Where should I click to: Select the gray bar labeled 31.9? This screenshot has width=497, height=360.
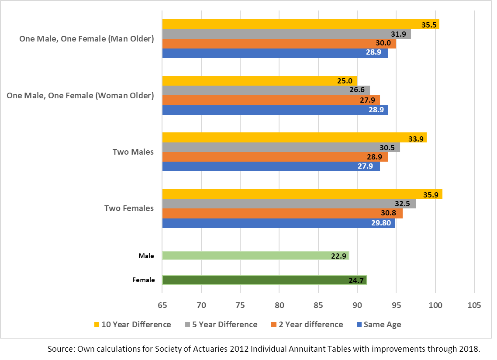286,34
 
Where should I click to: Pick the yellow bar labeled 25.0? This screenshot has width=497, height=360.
259,81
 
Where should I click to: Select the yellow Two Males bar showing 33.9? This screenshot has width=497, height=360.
294,138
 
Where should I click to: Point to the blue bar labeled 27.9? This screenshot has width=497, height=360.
271,166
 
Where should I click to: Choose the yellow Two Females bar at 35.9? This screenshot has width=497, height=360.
302,194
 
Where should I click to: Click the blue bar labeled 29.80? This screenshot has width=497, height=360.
279,223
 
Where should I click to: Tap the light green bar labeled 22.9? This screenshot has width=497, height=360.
255,256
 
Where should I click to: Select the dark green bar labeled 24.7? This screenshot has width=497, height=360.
264,280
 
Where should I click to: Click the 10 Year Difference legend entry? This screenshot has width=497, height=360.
133,325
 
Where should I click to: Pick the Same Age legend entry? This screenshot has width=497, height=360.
379,325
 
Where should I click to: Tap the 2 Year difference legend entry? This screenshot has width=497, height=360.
307,325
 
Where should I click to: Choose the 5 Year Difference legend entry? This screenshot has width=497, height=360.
221,325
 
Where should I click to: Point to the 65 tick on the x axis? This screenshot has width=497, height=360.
162,305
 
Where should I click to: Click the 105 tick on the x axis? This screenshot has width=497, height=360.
474,305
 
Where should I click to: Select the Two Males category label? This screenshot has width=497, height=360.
133,152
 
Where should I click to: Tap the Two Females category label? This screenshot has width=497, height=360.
129,208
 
